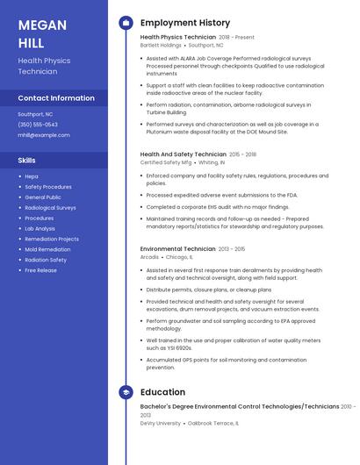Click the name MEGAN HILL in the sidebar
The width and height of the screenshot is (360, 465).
(42, 33)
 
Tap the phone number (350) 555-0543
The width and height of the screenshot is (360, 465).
(38, 125)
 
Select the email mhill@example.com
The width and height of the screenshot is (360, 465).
(43, 135)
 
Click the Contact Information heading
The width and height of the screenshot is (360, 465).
(56, 98)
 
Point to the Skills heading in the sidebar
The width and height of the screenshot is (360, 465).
(27, 161)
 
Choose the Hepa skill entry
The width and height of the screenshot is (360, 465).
(32, 176)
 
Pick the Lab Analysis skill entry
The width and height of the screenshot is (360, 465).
(40, 228)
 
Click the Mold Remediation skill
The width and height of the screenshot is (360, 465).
(47, 249)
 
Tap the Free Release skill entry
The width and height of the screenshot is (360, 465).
(40, 270)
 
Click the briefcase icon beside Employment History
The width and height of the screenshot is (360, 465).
(126, 23)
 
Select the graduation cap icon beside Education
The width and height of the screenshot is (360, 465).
(126, 392)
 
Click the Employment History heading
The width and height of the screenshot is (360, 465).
(184, 23)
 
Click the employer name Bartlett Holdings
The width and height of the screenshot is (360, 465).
(161, 45)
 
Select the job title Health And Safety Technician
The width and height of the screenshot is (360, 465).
(183, 154)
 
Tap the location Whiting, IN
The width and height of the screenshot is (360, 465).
(211, 162)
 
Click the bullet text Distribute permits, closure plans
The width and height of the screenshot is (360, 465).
(209, 290)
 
